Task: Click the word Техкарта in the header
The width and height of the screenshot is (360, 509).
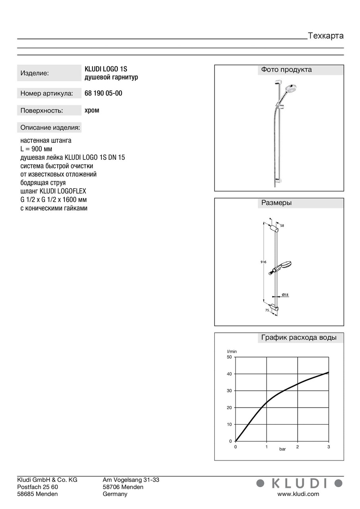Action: click(325, 36)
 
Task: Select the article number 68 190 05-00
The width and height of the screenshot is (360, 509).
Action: click(103, 93)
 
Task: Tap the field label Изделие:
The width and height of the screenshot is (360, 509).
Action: click(35, 73)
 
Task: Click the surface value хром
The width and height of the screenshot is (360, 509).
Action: click(92, 110)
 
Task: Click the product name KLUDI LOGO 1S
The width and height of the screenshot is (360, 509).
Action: click(106, 69)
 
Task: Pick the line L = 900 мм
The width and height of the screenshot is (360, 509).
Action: click(36, 149)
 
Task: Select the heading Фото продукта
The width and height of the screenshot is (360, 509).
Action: click(286, 70)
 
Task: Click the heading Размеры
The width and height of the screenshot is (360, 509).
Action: click(276, 203)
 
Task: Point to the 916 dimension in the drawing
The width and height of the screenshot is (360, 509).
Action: click(264, 262)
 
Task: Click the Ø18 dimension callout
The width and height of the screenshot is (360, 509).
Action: click(285, 294)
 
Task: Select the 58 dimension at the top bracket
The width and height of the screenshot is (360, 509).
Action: click(282, 225)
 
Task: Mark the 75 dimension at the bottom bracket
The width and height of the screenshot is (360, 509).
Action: click(267, 309)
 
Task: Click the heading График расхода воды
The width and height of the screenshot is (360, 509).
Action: click(299, 338)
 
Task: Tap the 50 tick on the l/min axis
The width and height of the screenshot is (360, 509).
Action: click(229, 357)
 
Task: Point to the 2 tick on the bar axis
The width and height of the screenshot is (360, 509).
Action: click(298, 447)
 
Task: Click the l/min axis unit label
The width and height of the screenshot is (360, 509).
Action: click(232, 351)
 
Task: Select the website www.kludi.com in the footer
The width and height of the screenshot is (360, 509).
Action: click(298, 494)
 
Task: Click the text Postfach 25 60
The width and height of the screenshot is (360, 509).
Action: click(38, 487)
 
